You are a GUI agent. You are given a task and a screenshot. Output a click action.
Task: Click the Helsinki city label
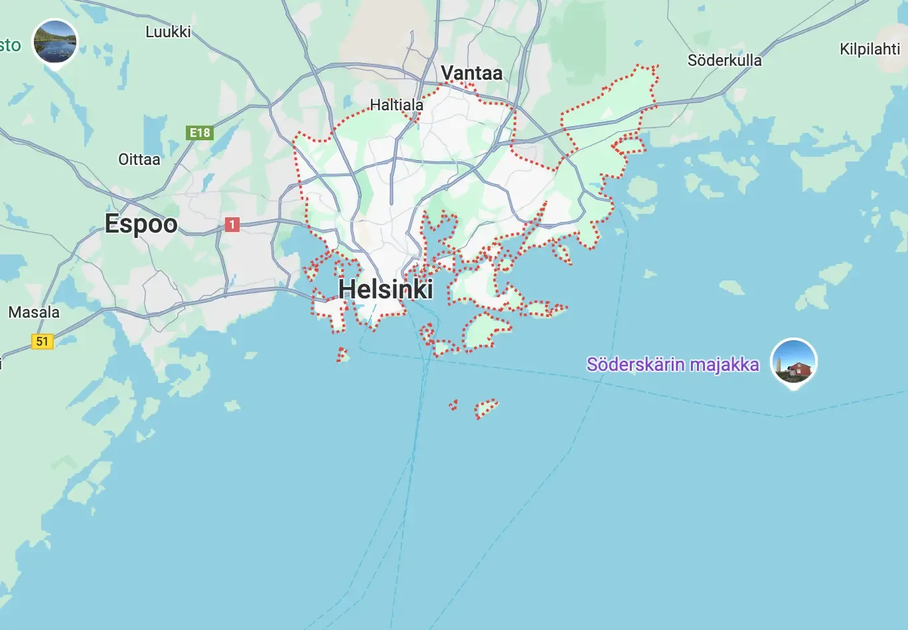pos(386,289)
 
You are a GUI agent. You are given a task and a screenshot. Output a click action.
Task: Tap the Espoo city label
pos(141,224)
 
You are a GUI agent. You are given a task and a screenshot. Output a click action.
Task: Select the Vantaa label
pos(471,73)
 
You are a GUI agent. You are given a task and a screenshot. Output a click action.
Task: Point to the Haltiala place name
pos(396,105)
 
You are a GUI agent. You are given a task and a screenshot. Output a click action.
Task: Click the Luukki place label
pos(168,31)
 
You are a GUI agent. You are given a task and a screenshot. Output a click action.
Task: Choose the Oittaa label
pos(139,159)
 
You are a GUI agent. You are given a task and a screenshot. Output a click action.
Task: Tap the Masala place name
pos(34,312)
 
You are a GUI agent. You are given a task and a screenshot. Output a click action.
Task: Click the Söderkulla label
pos(724,60)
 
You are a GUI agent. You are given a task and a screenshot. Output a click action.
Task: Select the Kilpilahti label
pos(870,49)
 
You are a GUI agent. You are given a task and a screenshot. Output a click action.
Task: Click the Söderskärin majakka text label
pos(672,365)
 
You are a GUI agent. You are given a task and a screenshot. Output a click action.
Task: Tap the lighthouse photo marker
pos(794,362)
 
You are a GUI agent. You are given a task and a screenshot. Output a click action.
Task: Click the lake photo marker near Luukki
pos(55,42)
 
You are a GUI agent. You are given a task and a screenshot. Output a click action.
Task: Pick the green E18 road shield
pos(200,133)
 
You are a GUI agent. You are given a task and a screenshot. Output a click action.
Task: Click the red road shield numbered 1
pos(232,225)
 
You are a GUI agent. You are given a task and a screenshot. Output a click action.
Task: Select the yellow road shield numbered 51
pos(42,342)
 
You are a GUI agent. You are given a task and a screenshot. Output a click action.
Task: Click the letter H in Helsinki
pos(346,289)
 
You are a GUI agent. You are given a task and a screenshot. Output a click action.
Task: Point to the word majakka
pos(724,365)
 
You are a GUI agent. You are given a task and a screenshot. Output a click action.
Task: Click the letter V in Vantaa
pos(447,73)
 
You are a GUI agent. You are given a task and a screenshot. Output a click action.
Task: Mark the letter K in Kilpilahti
pos(844,49)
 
